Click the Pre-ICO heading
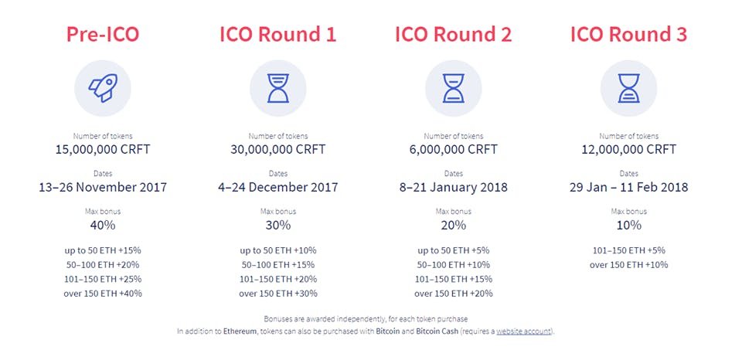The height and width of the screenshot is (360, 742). (103, 35)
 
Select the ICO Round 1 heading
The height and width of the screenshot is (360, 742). (277, 35)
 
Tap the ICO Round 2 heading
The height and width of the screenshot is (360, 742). (454, 35)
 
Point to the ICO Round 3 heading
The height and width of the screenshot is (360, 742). (628, 35)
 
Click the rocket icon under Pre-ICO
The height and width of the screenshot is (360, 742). (103, 88)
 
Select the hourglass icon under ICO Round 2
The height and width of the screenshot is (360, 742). (454, 89)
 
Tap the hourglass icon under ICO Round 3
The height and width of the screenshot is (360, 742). (628, 89)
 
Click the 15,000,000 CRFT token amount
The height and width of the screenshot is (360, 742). (103, 150)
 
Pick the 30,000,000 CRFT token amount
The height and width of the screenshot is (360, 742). (277, 150)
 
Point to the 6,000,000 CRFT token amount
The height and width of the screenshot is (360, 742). (454, 150)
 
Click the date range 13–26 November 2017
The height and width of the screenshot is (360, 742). (103, 187)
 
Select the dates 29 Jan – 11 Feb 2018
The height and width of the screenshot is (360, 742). (628, 187)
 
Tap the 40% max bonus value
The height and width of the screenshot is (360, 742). (103, 225)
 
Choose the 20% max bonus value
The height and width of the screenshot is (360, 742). (454, 225)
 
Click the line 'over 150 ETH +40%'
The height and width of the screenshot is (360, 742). (103, 294)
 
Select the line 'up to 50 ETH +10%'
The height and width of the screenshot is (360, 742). (277, 250)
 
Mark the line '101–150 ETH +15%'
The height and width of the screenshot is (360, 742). (454, 279)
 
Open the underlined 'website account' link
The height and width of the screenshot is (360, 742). (523, 331)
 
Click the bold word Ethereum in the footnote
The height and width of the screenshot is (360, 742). (240, 331)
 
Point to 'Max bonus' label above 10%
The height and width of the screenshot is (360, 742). (628, 212)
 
